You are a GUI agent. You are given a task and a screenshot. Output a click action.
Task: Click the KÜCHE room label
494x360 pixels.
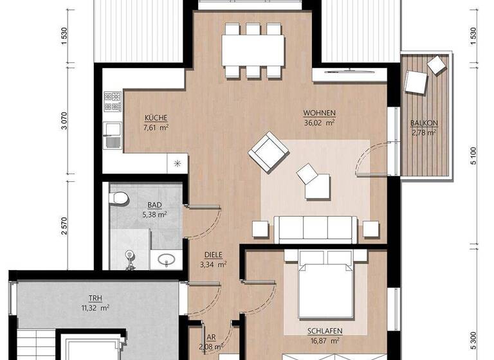coord(156,118)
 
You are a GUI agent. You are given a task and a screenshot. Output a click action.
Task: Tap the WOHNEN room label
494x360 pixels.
coord(320,113)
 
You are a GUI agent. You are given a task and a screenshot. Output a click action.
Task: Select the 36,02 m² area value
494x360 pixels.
coord(320,122)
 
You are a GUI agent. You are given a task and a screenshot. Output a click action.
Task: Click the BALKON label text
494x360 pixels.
coord(423,123)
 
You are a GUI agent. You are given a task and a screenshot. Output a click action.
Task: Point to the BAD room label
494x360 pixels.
coord(154,205)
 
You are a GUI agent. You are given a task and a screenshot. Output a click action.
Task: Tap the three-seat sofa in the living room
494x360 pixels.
coord(315,228)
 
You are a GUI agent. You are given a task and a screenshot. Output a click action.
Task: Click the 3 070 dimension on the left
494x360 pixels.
coord(64,120)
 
